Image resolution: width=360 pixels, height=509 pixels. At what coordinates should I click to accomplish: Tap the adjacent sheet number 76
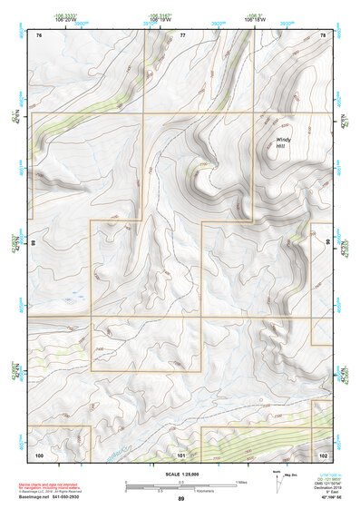click(x=39, y=34)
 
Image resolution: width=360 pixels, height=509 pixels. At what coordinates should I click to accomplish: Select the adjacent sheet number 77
click(x=182, y=34)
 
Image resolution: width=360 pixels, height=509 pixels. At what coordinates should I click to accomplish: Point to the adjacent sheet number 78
click(x=322, y=34)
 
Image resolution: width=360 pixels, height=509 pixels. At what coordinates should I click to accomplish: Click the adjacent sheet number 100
click(x=39, y=454)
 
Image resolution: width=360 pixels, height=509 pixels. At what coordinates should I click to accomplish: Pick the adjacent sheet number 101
click(x=181, y=454)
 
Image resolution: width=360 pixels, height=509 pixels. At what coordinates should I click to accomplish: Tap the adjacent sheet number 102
click(x=323, y=454)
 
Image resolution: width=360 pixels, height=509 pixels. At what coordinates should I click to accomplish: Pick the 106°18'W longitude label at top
click(x=255, y=18)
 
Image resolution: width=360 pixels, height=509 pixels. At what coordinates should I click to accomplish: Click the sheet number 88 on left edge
click(x=33, y=243)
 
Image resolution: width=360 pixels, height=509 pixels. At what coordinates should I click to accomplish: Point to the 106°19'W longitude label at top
click(x=161, y=18)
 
